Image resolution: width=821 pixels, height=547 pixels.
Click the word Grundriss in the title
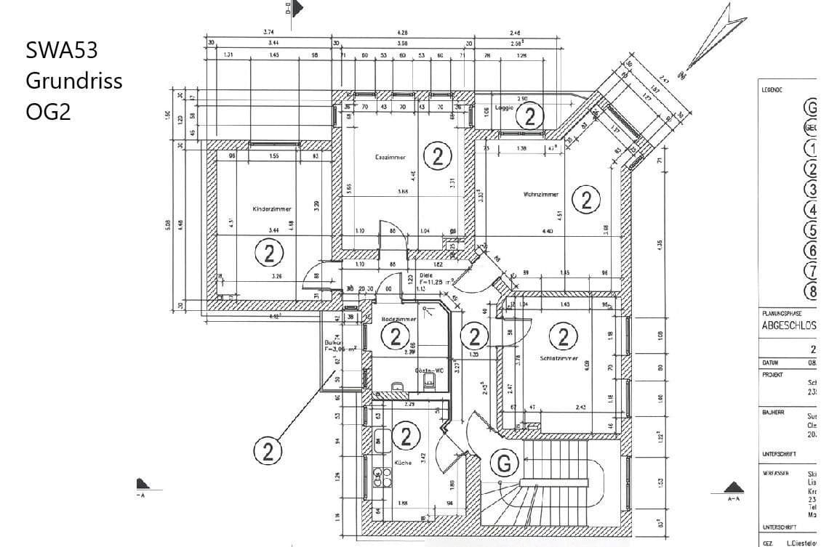(73, 81)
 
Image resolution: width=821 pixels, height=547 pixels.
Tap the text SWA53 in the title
(62, 50)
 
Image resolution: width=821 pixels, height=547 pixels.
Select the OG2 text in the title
(48, 112)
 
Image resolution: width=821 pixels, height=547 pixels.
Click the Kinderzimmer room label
(271, 208)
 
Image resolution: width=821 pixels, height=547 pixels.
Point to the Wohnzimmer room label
(540, 195)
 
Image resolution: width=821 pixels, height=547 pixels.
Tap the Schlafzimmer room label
(558, 359)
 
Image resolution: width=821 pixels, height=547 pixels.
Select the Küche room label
(403, 462)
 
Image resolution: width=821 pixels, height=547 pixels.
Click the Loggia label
(504, 108)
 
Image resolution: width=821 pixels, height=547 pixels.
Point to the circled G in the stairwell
(505, 463)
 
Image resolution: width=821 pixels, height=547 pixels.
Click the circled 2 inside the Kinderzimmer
(269, 254)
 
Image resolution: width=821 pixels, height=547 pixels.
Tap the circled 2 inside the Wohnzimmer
(586, 198)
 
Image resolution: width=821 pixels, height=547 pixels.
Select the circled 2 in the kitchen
(406, 436)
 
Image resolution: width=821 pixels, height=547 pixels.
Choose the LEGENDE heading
(772, 90)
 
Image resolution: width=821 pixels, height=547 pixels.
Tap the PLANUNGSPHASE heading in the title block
(780, 313)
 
